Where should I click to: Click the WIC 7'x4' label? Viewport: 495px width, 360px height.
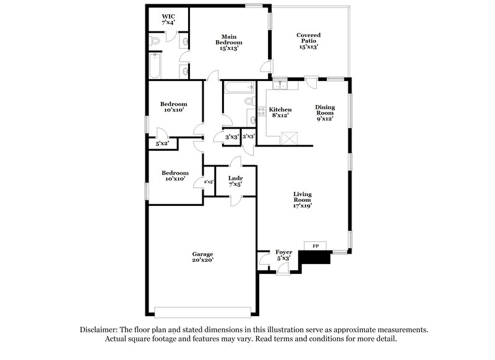[x=168, y=19]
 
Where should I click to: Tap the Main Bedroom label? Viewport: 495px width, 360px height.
[x=228, y=42]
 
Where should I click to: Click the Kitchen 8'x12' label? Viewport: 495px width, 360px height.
[x=280, y=113]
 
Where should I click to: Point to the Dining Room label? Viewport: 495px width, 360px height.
[x=325, y=113]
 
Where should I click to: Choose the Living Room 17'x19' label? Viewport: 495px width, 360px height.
[x=302, y=200]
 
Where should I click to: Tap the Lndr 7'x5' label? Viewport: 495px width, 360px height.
[x=235, y=181]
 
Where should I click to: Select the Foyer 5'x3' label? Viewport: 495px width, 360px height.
[x=284, y=255]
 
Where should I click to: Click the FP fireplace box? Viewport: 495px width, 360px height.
[x=316, y=246]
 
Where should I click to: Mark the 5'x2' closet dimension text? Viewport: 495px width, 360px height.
[x=163, y=144]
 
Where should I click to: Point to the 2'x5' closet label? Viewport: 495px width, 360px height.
[x=209, y=182]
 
